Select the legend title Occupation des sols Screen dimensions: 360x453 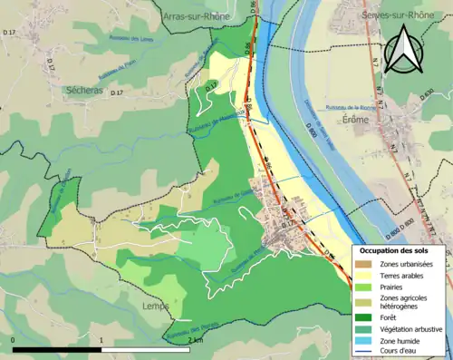click(x=400, y=250)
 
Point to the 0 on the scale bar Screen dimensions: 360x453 click(x=14, y=340)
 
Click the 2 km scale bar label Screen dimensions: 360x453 click(x=195, y=340)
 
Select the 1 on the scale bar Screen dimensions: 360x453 click(x=101, y=340)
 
